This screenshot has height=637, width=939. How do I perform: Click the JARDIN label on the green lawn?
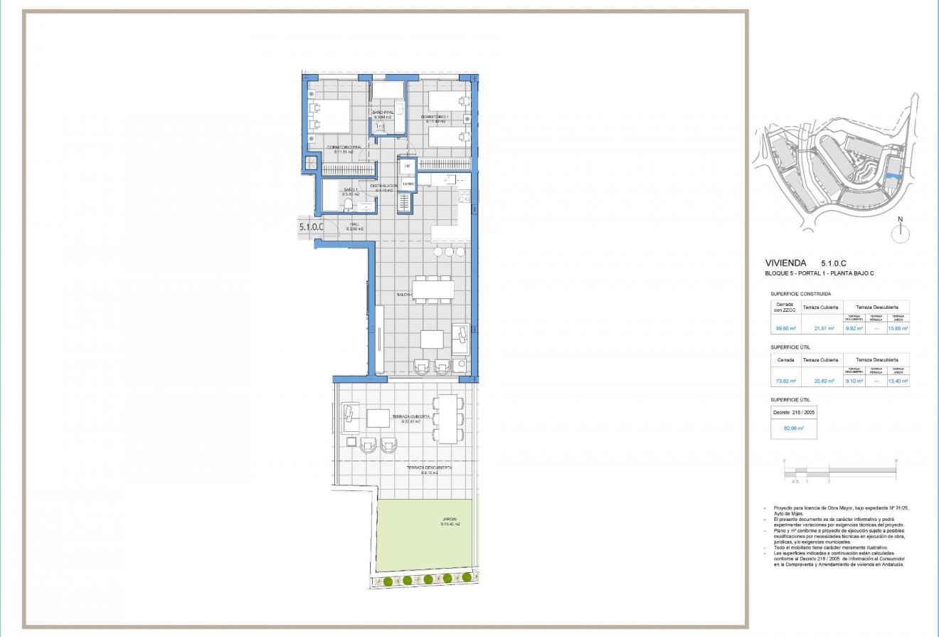[x=449, y=521]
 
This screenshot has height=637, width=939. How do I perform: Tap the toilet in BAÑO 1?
[x=348, y=206]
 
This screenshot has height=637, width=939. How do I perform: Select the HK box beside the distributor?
[x=408, y=167]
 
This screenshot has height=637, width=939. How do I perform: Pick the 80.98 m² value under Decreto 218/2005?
[x=793, y=428]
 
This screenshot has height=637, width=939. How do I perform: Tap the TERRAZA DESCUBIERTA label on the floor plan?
[x=428, y=468]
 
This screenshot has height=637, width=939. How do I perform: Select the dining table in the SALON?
[x=433, y=289]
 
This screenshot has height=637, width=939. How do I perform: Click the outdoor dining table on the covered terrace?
[x=448, y=418]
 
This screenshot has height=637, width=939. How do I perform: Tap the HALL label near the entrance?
[x=354, y=224]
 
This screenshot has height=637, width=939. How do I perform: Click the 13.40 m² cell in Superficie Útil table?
[x=897, y=381]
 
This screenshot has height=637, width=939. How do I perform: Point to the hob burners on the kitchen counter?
[x=464, y=196]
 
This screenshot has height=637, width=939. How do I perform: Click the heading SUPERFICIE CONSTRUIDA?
[x=800, y=294]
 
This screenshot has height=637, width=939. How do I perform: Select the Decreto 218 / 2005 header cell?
[x=794, y=412]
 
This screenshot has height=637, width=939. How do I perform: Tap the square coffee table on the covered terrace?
[x=378, y=418]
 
